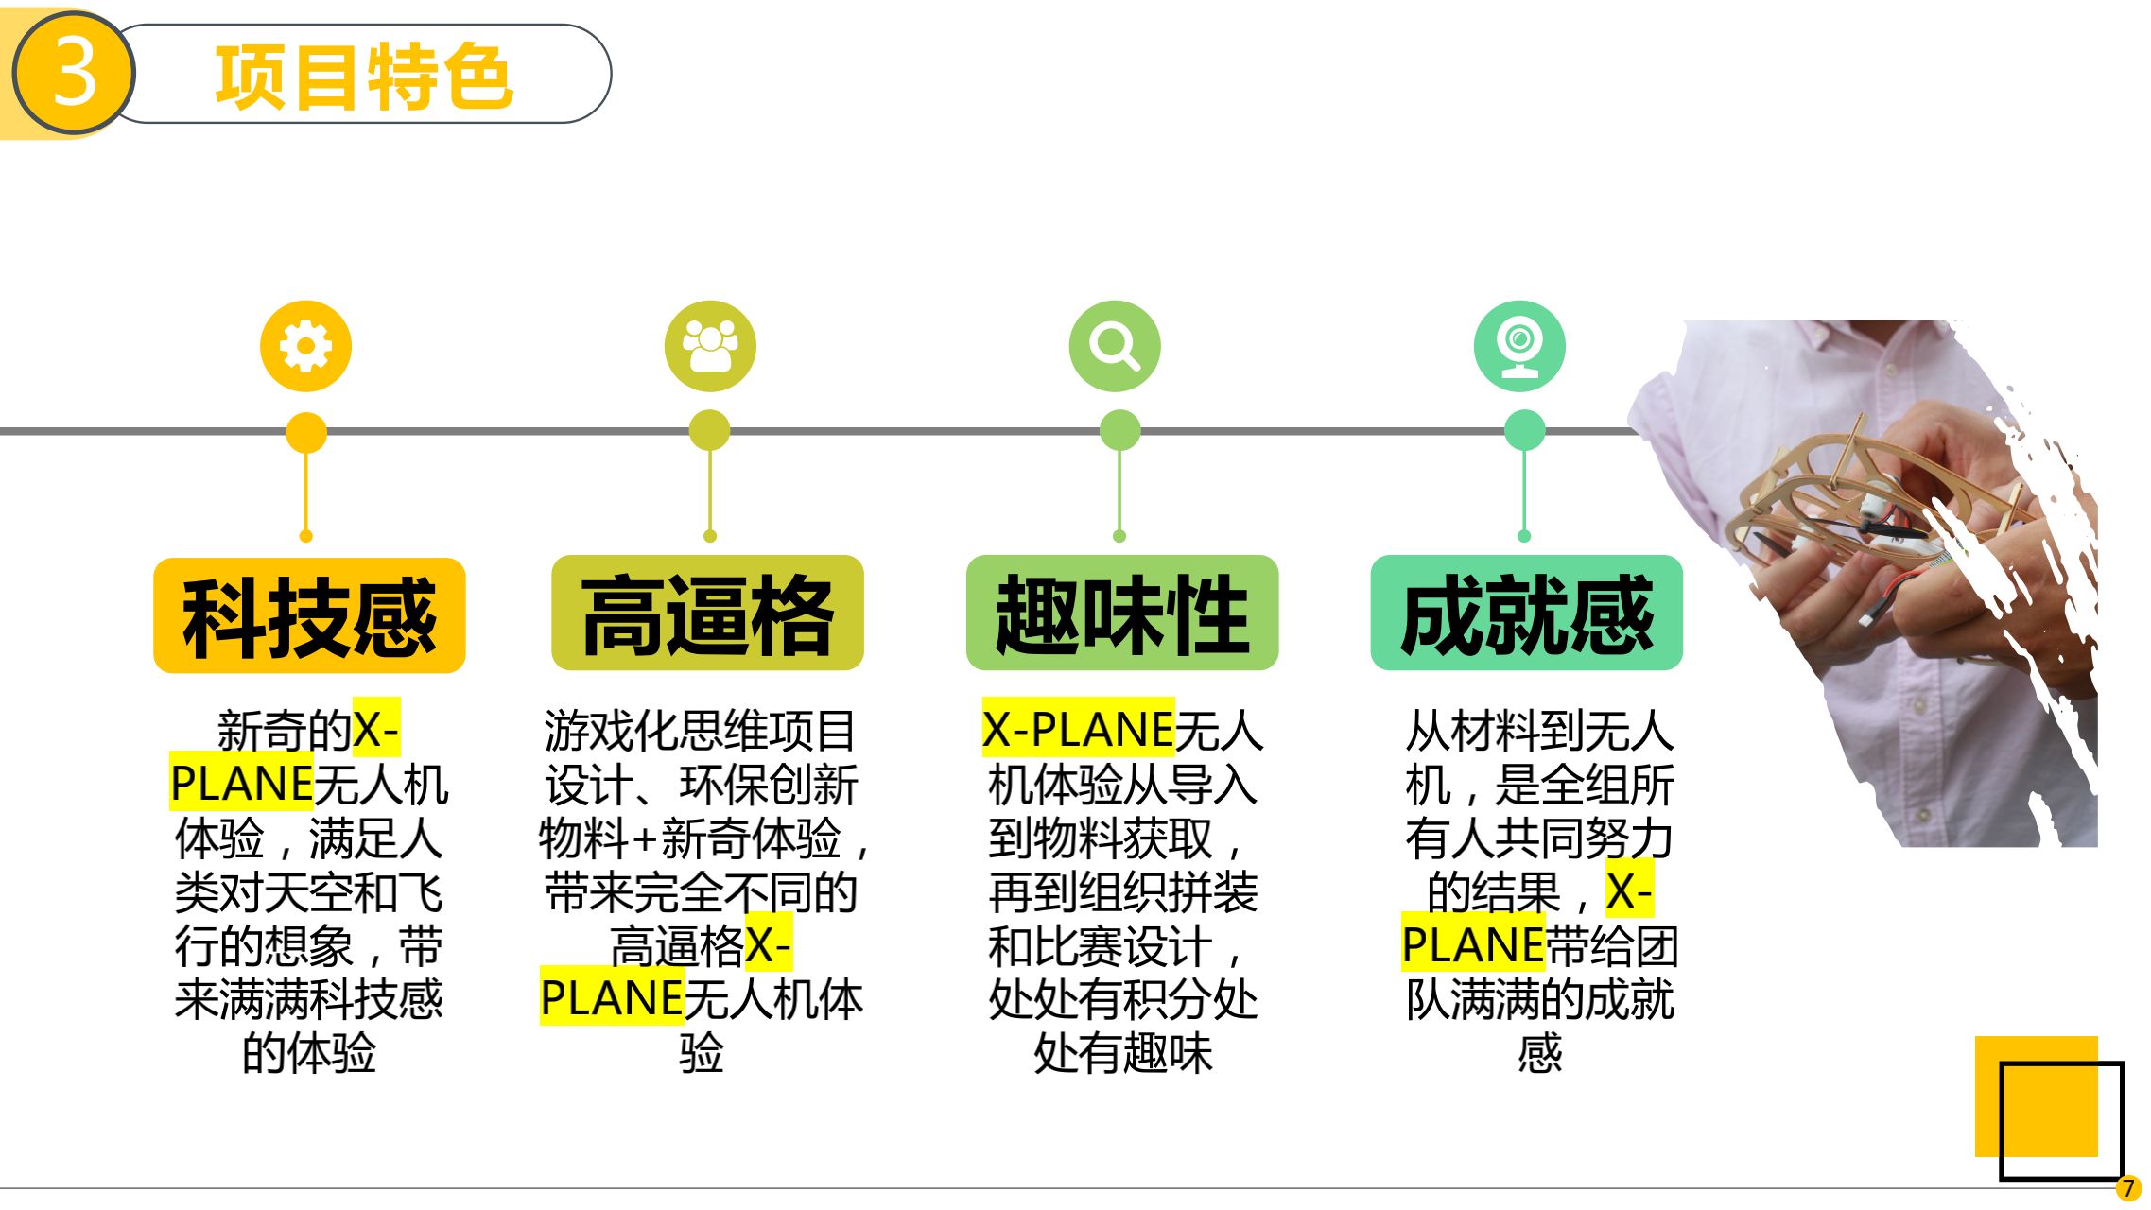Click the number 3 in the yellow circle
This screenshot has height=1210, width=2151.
(74, 74)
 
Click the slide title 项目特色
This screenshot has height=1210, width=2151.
(364, 76)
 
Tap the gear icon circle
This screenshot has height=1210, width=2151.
(305, 346)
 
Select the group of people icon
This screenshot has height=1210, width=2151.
(710, 346)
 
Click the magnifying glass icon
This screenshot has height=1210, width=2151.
(1115, 346)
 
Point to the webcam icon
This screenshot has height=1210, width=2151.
(1519, 346)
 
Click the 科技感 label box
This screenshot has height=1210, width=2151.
(309, 615)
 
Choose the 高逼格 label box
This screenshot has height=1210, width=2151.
(707, 614)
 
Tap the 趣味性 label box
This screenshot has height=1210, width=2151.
(1122, 614)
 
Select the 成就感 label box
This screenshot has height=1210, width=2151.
(1527, 614)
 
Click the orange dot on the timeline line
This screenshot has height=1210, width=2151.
(305, 433)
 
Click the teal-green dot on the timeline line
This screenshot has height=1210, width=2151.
(1524, 430)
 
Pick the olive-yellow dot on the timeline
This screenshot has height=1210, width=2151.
(709, 430)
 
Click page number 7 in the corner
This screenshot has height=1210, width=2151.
(2128, 1188)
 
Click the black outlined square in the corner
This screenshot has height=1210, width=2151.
(2061, 1121)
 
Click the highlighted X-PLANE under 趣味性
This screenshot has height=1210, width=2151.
(1078, 729)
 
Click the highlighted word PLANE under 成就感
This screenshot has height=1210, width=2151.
(1472, 944)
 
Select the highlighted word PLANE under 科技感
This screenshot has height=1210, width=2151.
(241, 783)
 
